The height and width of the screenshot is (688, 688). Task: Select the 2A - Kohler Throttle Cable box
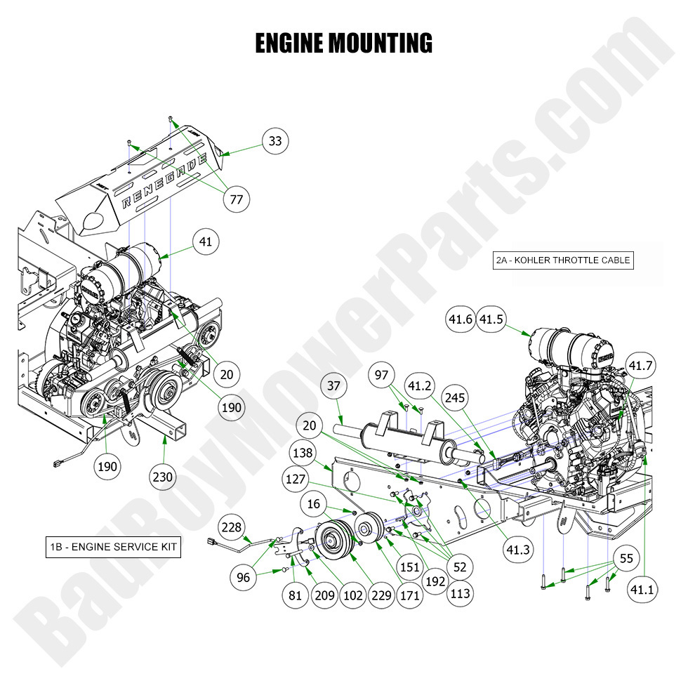click(x=563, y=260)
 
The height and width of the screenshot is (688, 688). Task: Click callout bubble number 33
click(x=275, y=141)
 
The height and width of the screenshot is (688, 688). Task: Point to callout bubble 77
click(x=237, y=199)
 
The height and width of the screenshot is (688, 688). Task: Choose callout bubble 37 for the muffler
click(x=334, y=385)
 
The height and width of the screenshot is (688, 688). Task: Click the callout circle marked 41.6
click(x=461, y=319)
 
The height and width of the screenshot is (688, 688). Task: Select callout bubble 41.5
click(x=491, y=319)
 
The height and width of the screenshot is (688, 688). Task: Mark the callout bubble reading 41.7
click(x=640, y=366)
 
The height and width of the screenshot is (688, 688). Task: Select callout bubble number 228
click(x=234, y=527)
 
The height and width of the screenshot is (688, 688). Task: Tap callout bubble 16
click(x=313, y=503)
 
